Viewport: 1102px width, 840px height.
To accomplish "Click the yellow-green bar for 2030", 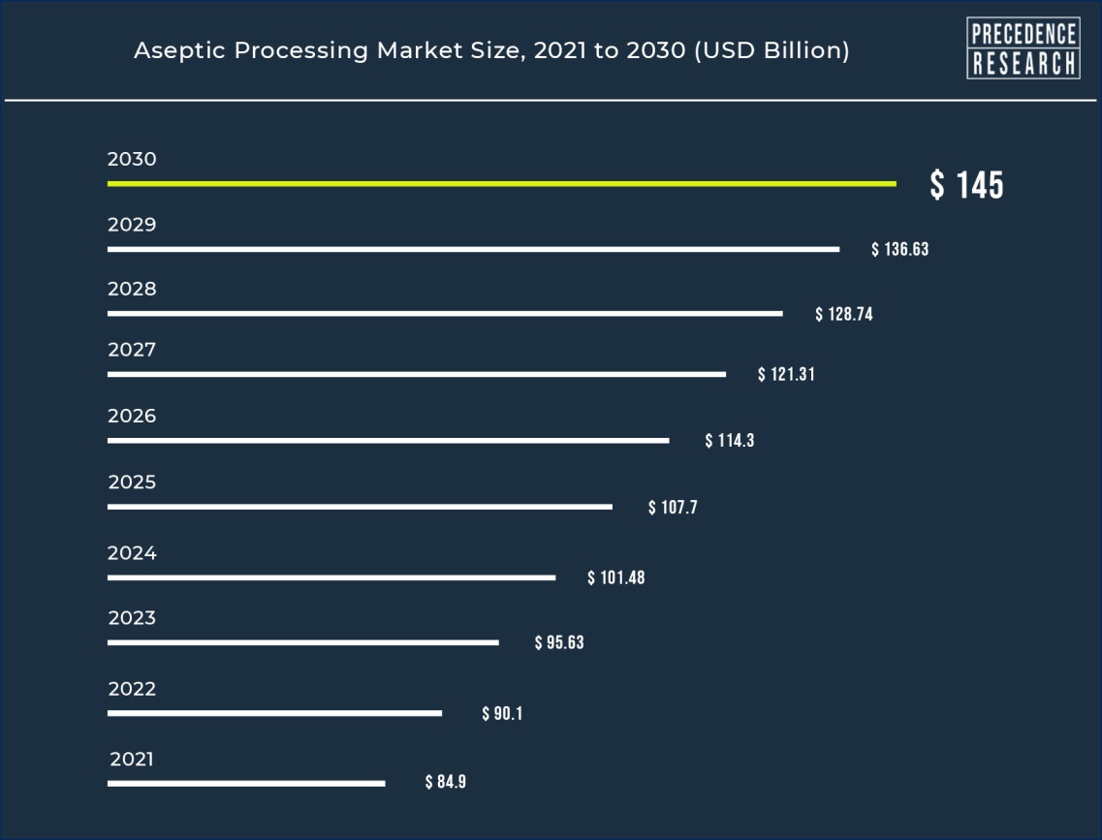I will pos(501,183).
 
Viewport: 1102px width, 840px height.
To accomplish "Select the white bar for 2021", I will pos(246,783).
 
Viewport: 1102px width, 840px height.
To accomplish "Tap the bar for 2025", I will pos(360,507).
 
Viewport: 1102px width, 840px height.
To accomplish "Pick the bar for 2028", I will pos(445,314).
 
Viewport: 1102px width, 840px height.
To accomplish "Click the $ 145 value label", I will pos(966,185).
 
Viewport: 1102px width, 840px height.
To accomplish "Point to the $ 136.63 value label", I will pos(899,250).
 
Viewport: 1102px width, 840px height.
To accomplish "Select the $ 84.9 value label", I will pos(446,782).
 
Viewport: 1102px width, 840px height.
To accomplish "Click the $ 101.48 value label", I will pos(615,578).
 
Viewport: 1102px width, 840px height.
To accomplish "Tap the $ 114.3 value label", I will pos(729,441).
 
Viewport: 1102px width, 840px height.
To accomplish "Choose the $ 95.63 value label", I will pos(559,642).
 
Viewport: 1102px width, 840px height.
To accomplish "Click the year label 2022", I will pos(132,690).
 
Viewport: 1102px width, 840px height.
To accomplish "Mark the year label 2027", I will pos(132,351).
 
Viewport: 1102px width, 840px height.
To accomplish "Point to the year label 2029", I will pos(132,225).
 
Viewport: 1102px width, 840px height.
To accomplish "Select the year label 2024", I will pos(132,554).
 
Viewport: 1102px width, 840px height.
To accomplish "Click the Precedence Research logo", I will pos(1023,48).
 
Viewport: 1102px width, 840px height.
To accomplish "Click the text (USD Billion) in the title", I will pos(771,51).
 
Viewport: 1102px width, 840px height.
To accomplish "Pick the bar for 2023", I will pos(303,642).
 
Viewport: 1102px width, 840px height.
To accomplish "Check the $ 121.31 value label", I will pos(786,375).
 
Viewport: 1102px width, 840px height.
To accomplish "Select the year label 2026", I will pos(132,417).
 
